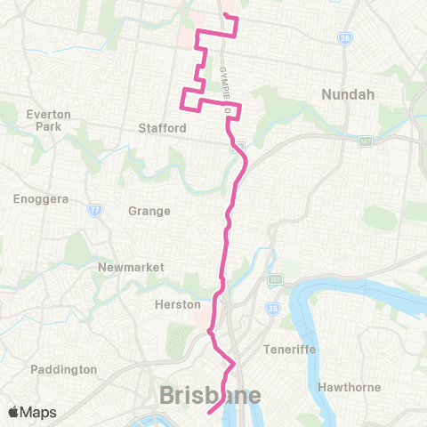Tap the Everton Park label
pyautogui.click(x=42, y=120)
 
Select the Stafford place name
pyautogui.click(x=162, y=128)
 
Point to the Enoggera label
pyautogui.click(x=36, y=199)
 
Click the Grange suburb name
pyautogui.click(x=149, y=211)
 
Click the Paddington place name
pyautogui.click(x=63, y=368)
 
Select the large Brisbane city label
pyautogui.click(x=210, y=395)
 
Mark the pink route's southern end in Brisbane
pyautogui.click(x=208, y=413)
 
